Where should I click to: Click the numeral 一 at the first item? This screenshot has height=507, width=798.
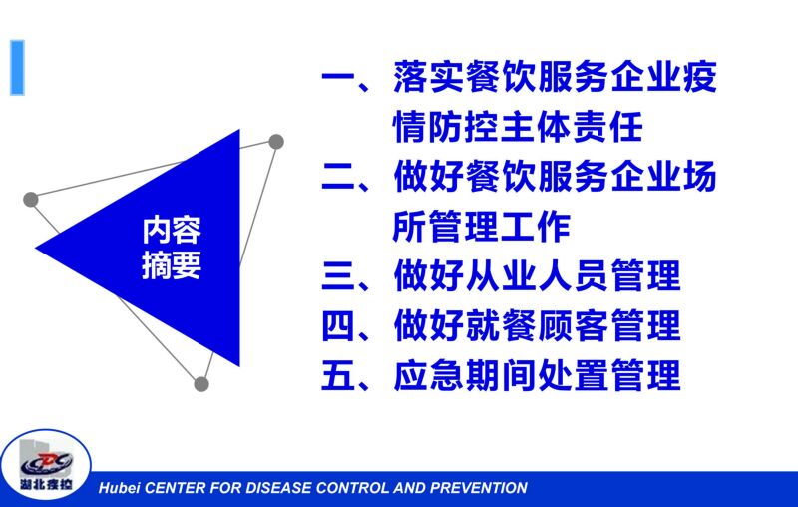coord(338,78)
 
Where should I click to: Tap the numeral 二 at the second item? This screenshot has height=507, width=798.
coord(338,177)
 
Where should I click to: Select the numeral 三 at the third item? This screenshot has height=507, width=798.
coord(338,276)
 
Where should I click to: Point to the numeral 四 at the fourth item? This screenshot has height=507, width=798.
coord(338,325)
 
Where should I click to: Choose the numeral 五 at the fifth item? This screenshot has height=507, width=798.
coord(338,375)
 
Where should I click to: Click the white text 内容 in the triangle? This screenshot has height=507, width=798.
coord(172,231)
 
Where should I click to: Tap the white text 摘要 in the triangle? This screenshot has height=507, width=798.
coord(172,265)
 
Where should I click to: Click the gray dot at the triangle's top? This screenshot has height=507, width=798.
coord(276,142)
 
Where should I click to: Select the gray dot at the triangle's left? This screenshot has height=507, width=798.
coord(31,199)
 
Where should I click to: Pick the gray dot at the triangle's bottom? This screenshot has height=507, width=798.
coord(201,384)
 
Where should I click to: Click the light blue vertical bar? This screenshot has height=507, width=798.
coord(17,68)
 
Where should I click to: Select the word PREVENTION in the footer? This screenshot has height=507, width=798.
coord(479,488)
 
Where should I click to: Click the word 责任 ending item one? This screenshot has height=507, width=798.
coord(608,128)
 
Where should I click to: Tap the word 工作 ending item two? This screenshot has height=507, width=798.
coord(536,227)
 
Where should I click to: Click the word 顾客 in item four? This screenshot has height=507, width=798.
coord(572,325)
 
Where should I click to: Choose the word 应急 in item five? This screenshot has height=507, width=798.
coord(427,375)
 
